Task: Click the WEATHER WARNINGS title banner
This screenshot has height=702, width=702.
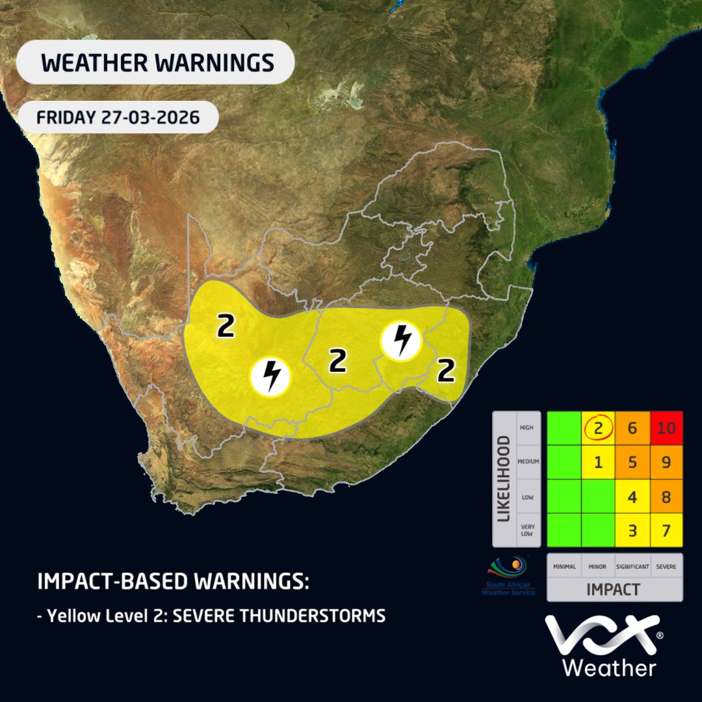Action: coord(156,62)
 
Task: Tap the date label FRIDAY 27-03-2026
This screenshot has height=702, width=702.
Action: coord(118,118)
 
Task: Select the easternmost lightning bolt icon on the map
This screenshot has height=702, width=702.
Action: coord(402,341)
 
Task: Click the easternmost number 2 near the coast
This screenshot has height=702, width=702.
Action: coord(446,370)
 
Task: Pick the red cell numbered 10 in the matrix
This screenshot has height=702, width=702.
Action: coord(666,428)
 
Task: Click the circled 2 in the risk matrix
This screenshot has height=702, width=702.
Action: coord(598,428)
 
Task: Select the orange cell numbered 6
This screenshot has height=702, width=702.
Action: coord(632,428)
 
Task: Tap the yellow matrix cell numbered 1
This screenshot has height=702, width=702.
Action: coord(598,463)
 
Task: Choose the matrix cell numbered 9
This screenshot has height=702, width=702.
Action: coord(666,463)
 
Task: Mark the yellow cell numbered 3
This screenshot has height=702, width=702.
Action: coord(632,530)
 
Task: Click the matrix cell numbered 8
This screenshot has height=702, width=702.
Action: coord(666,497)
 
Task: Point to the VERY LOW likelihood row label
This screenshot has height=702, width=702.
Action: coord(525,530)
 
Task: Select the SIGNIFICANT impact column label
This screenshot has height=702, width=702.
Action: coord(632,567)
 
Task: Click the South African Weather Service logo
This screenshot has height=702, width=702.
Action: coord(508,576)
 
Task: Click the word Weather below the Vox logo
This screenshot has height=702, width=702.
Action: coord(608,667)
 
